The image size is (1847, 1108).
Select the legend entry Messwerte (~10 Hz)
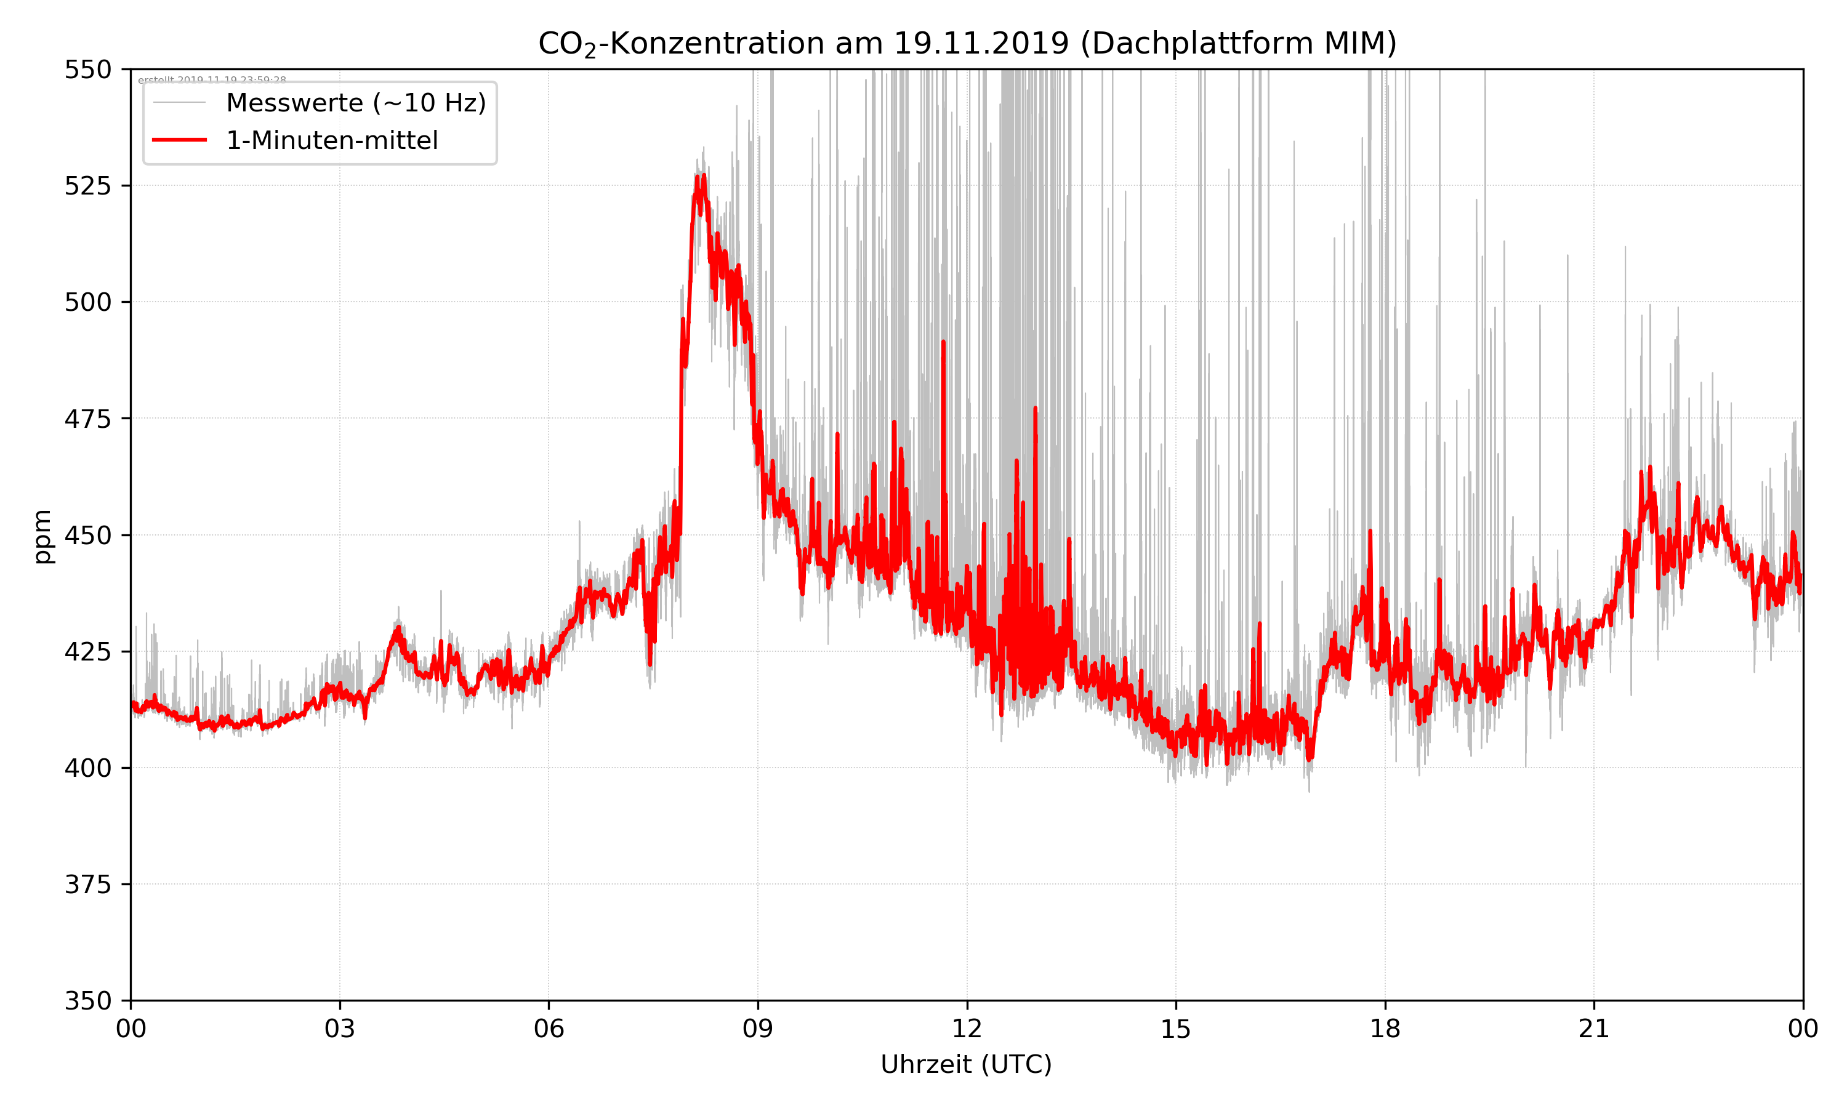pyautogui.click(x=355, y=103)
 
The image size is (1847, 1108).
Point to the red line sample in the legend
pyautogui.click(x=179, y=140)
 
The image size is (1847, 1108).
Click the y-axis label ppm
pyautogui.click(x=42, y=536)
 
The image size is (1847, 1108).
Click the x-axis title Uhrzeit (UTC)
pyautogui.click(x=966, y=1064)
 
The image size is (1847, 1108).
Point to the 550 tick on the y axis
pyautogui.click(x=87, y=70)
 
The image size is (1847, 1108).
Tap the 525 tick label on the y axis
pyautogui.click(x=87, y=186)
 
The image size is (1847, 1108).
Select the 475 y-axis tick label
pyautogui.click(x=87, y=419)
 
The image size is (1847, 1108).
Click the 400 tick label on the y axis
pyautogui.click(x=87, y=768)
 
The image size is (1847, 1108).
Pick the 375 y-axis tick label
pyautogui.click(x=87, y=885)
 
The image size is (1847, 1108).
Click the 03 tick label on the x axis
pyautogui.click(x=340, y=1029)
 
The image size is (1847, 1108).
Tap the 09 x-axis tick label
pyautogui.click(x=758, y=1029)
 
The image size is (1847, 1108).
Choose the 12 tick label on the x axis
pyautogui.click(x=967, y=1029)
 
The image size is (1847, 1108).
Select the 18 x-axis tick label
pyautogui.click(x=1385, y=1029)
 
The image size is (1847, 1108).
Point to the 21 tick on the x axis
pyautogui.click(x=1594, y=1029)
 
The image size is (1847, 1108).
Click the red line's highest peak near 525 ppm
pyautogui.click(x=703, y=176)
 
